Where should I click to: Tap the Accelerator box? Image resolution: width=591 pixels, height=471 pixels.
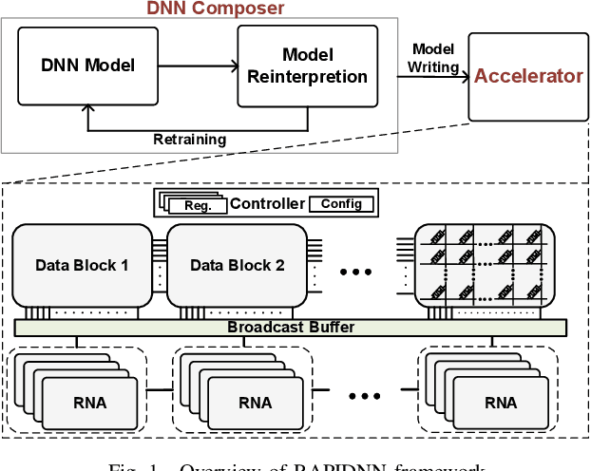pos(528,76)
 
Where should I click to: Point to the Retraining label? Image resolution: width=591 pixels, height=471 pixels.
pos(190,140)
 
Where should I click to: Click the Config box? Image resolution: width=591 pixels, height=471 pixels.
pos(341,203)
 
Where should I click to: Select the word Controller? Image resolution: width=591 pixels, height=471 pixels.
pos(267,203)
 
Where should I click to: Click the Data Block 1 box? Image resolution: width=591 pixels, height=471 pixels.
pos(82,265)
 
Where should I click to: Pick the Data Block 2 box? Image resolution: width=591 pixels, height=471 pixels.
pos(237,265)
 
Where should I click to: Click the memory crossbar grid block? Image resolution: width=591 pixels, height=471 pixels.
pos(485,265)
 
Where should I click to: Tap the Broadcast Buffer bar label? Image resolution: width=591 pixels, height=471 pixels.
pos(290,328)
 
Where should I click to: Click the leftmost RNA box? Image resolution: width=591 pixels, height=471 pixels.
pos(89,403)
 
